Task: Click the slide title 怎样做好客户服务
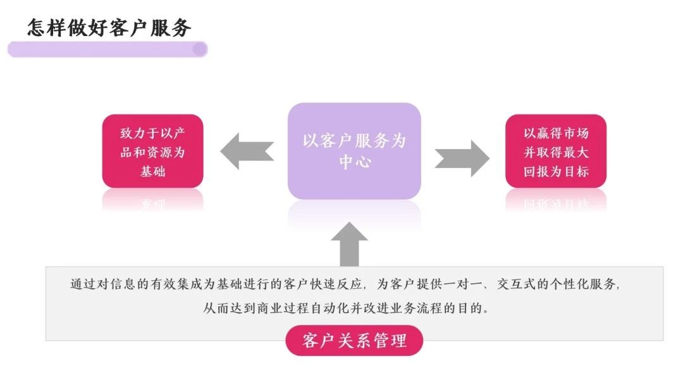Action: coord(109,27)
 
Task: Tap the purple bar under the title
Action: coord(107,49)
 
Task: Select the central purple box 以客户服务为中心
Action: coord(354,150)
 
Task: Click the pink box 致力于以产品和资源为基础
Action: coord(152,151)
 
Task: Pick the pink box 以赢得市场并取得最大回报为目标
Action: coord(556,151)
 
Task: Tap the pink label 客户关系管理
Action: coord(354,341)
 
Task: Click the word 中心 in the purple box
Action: coord(354,161)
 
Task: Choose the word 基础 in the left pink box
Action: coord(152,171)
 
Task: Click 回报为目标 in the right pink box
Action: coord(556,171)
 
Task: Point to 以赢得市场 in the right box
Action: coord(556,133)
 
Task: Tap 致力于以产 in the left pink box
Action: coord(152,133)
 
